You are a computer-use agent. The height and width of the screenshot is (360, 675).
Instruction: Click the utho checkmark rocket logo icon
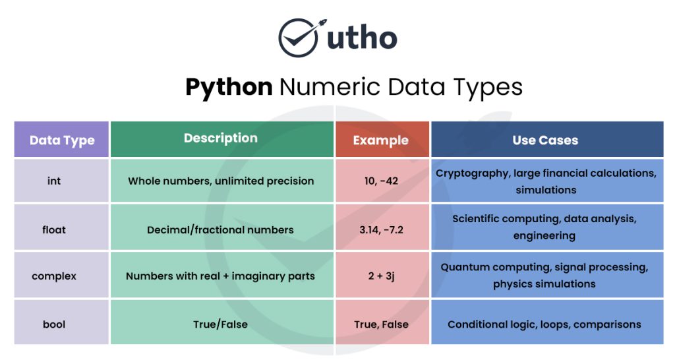coord(299,38)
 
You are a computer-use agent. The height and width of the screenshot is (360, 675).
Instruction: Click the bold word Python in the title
coord(229,88)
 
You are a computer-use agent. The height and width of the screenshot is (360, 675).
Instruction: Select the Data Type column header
coord(62,140)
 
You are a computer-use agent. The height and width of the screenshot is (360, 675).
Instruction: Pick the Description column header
coord(221,138)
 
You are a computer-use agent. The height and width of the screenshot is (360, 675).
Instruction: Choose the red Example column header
coord(380,140)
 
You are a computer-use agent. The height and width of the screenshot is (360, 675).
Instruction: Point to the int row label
coord(54,181)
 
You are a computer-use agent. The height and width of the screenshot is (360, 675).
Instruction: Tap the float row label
coord(54,229)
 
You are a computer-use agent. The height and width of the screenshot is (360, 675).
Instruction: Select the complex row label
coord(54,276)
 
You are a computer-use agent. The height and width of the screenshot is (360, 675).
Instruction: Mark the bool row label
coord(54,324)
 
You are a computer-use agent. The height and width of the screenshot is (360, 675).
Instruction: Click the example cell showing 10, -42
coord(381,181)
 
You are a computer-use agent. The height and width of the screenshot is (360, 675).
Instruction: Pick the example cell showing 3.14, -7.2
coord(381,229)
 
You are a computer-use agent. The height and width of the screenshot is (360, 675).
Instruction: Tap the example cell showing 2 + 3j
coord(381,276)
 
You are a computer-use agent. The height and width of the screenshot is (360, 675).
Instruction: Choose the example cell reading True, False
coord(381,324)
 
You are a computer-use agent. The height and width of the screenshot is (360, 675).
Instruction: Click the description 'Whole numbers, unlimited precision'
coord(221,181)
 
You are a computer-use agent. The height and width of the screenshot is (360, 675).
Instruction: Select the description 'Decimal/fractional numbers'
coord(221,229)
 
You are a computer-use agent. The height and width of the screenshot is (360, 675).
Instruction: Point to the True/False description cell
coord(221,324)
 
